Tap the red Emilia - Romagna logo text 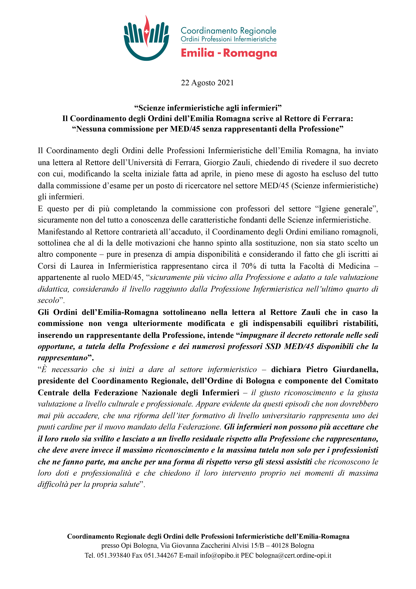[229, 53]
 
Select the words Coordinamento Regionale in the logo [228, 31]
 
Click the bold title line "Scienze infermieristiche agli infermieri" [208, 108]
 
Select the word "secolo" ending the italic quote [49, 300]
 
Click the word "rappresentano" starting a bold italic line [63, 358]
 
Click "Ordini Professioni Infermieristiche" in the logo [228, 39]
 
